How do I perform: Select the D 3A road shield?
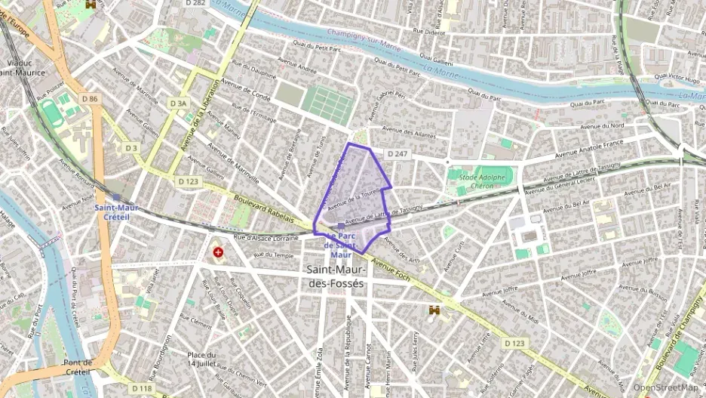coord(177,103)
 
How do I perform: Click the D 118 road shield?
coord(145,388)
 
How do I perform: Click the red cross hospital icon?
coord(218,251)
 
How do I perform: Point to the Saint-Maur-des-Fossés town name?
coord(336,276)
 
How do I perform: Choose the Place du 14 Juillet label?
coord(201,359)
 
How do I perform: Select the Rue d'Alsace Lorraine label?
coord(268,238)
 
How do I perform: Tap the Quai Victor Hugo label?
coord(677,77)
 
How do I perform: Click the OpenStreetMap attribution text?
coord(665,387)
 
